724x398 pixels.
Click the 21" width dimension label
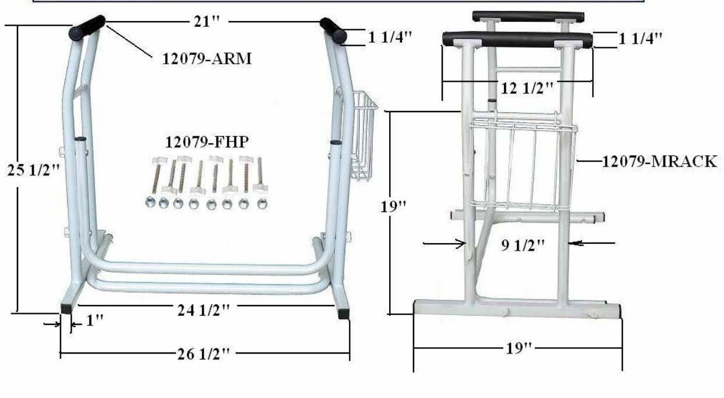click(x=207, y=22)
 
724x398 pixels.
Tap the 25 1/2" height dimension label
click(x=34, y=170)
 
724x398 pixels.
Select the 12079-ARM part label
click(x=207, y=59)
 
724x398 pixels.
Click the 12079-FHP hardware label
click(x=207, y=142)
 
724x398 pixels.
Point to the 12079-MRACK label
click(x=660, y=162)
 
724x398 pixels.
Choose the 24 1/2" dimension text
click(x=204, y=310)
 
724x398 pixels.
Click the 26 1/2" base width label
click(x=204, y=354)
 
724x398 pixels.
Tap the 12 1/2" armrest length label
click(x=527, y=88)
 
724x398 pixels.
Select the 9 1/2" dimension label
click(x=523, y=245)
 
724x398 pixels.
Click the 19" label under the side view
click(x=519, y=348)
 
